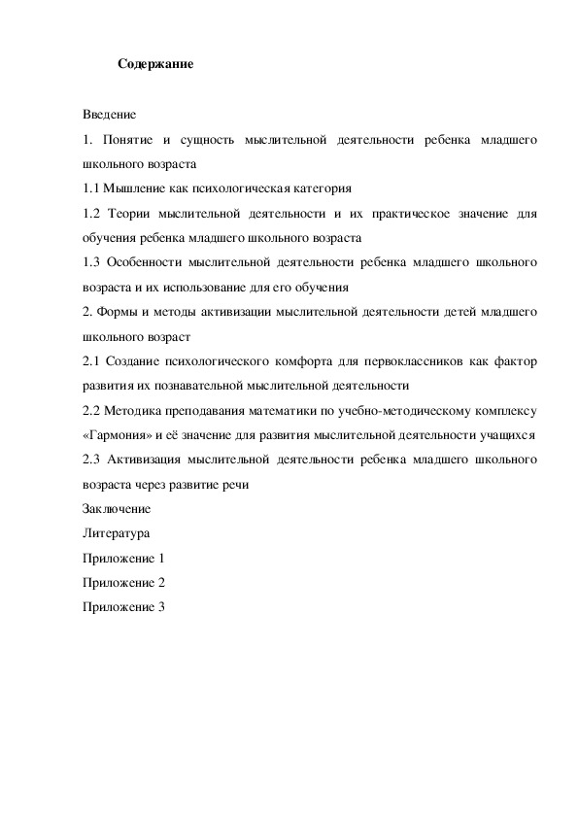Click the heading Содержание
155,65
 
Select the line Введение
109,116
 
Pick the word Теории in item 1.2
132,212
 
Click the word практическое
422,212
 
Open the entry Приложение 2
124,582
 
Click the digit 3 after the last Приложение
161,607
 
